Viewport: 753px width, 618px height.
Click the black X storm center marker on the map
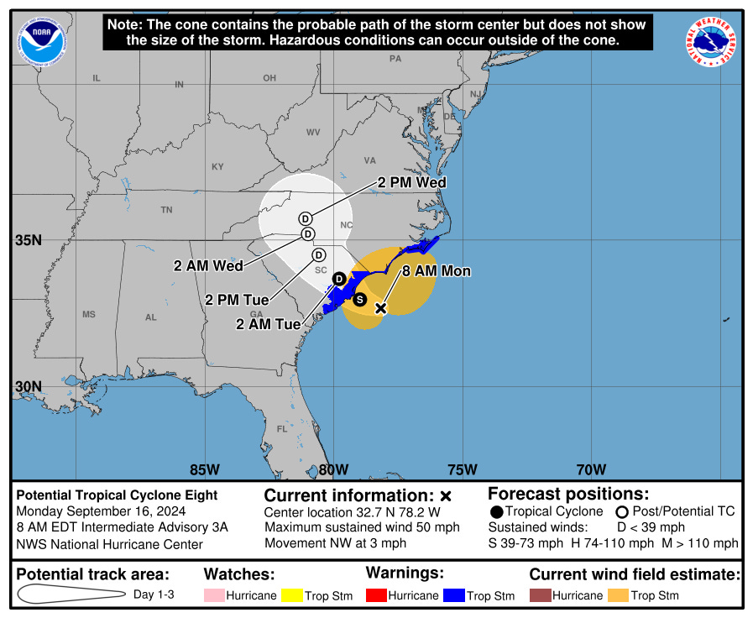click(380, 308)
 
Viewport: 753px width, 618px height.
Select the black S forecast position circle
click(360, 299)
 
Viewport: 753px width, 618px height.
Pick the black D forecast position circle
click(339, 278)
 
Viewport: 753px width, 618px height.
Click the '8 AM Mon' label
click(437, 271)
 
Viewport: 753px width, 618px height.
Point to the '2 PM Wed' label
click(412, 182)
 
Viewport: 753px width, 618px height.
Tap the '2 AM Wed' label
click(208, 265)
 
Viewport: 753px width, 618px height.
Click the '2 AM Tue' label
click(269, 323)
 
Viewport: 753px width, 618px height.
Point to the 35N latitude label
click(29, 240)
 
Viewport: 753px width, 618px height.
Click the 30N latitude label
click(29, 387)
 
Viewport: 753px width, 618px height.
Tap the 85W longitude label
click(205, 469)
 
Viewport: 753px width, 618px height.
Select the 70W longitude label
click(591, 469)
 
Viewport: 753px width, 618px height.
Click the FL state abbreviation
click(282, 429)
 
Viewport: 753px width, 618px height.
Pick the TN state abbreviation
click(166, 210)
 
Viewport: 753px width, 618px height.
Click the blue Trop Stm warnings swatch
click(454, 595)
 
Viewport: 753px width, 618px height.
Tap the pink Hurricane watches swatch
click(215, 595)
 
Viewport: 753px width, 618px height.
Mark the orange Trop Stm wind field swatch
click(619, 595)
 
